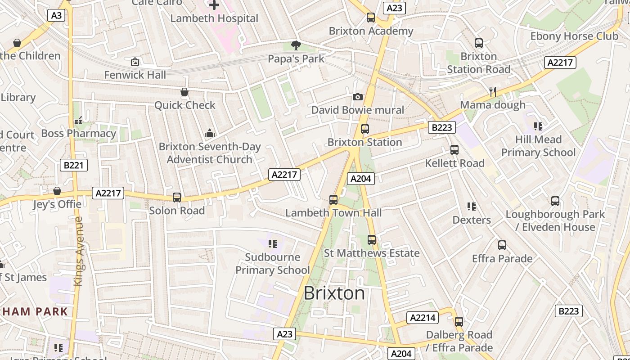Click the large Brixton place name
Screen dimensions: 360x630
334,293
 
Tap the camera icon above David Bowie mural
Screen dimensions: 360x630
358,97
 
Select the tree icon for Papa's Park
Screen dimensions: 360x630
296,45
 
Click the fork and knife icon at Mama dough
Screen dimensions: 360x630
493,92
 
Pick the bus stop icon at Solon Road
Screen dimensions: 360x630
177,198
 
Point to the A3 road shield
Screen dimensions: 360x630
56,15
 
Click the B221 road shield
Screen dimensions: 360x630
73,165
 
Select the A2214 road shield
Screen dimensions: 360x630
423,318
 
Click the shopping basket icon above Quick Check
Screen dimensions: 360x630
184,92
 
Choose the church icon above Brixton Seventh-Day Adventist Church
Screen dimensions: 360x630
210,134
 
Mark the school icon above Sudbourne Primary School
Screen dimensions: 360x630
272,244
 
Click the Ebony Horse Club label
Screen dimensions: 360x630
574,36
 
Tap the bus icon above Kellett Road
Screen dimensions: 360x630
454,150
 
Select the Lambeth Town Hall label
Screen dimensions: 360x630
333,213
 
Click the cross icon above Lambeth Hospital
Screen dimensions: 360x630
214,5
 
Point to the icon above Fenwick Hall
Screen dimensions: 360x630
135,62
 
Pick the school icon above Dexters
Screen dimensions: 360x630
471,207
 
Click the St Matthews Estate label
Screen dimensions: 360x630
372,253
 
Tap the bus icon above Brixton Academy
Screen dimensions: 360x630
371,18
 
